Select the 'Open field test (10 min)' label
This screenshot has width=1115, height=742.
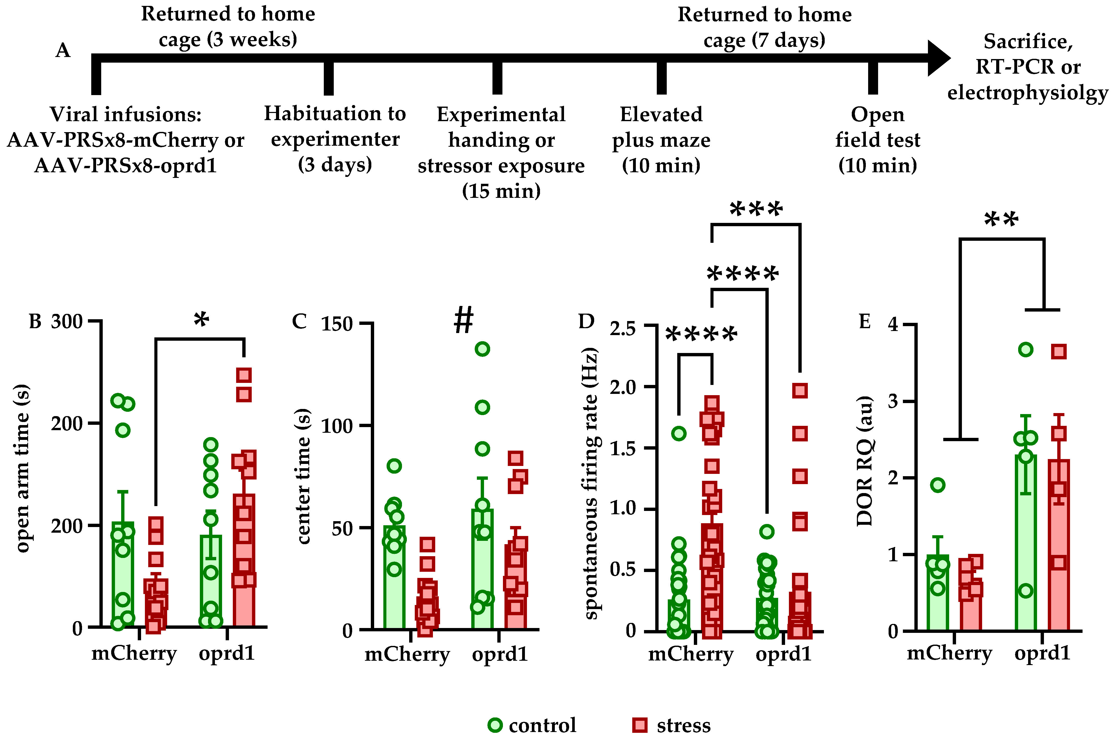[878, 140]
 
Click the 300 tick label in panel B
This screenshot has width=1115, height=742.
[67, 322]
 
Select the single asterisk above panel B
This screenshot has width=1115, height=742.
[201, 320]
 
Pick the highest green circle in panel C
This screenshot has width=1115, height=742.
[482, 349]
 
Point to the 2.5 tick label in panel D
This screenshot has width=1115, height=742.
[623, 327]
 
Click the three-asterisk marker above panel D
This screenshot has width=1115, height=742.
[756, 209]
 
